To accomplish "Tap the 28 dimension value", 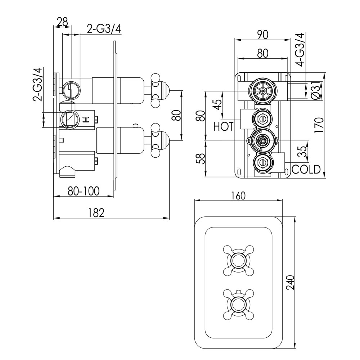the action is pyautogui.click(x=62, y=22).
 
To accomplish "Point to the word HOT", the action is pyautogui.click(x=224, y=126).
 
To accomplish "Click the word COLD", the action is pyautogui.click(x=306, y=170).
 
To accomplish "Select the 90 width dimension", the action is pyautogui.click(x=262, y=35).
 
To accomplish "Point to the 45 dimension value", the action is pyautogui.click(x=219, y=105).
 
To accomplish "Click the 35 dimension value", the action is pyautogui.click(x=303, y=151).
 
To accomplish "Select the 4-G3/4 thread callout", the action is pyautogui.click(x=300, y=50).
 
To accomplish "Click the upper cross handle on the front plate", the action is pyautogui.click(x=239, y=260).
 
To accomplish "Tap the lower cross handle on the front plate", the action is pyautogui.click(x=239, y=304).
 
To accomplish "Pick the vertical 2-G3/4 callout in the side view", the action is pyautogui.click(x=37, y=84).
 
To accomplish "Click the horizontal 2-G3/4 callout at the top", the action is pyautogui.click(x=104, y=29).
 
